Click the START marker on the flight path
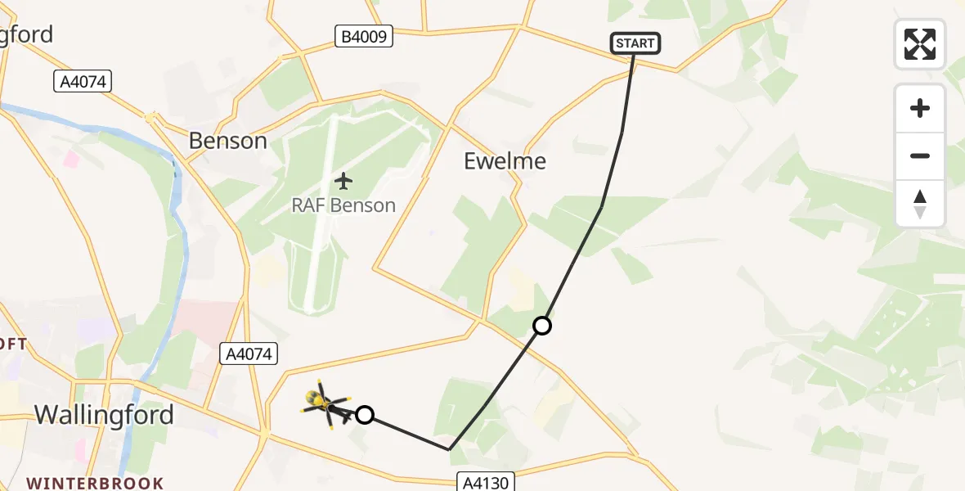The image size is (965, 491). click(x=635, y=43)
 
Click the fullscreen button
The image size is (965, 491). click(x=920, y=44)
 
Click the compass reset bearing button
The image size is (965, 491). click(x=920, y=204)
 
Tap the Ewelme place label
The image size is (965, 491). click(x=505, y=161)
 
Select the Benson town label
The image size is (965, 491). click(x=227, y=141)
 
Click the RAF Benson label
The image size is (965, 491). click(x=343, y=205)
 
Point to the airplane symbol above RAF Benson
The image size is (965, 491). click(x=343, y=180)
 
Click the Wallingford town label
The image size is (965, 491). click(x=104, y=415)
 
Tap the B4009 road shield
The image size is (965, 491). click(x=364, y=36)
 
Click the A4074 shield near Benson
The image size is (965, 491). click(x=83, y=81)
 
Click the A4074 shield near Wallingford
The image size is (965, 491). click(x=249, y=354)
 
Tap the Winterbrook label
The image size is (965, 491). click(x=95, y=483)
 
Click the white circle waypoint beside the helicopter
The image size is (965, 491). click(x=365, y=415)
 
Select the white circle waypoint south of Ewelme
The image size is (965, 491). click(x=541, y=326)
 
